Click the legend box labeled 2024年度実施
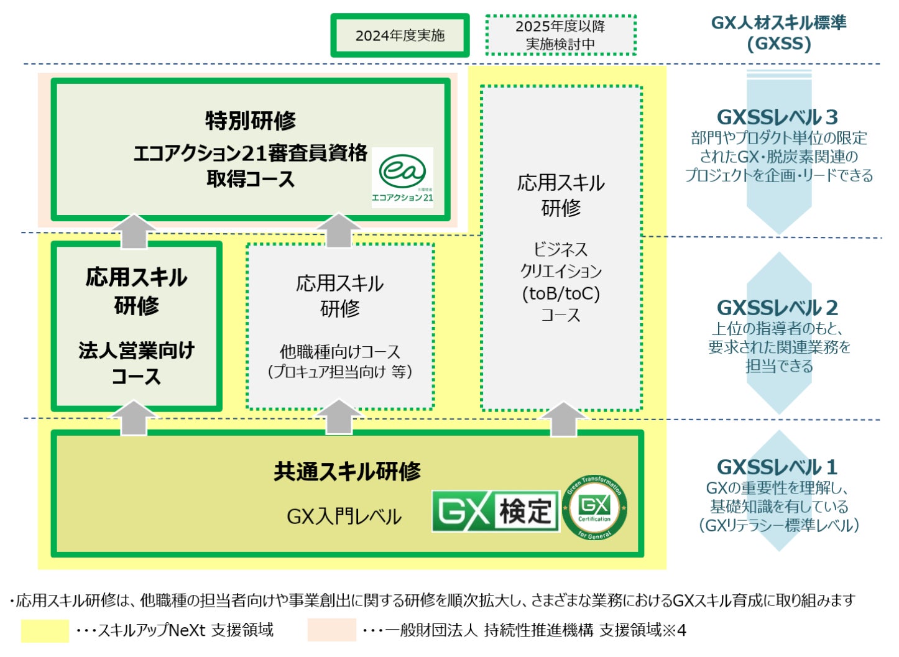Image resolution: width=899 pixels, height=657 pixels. point(400,35)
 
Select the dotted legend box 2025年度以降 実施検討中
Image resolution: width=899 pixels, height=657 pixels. point(560,35)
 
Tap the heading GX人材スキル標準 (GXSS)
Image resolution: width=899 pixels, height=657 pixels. point(778,33)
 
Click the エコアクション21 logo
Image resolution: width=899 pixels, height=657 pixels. point(403,177)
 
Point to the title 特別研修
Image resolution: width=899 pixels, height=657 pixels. point(251,121)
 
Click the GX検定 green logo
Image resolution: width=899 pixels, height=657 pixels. point(496,511)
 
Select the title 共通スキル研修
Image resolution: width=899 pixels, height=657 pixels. point(347,472)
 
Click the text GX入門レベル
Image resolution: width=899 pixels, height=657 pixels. point(344,517)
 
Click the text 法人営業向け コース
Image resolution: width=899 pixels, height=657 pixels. point(137,363)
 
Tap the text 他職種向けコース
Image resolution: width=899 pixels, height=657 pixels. point(340,352)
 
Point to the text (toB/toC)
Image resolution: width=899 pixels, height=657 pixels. point(561,293)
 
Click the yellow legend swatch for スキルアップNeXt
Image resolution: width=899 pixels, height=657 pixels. point(45,630)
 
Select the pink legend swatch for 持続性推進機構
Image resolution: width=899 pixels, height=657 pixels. point(331,630)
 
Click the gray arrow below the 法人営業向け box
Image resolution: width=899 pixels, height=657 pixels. point(134,418)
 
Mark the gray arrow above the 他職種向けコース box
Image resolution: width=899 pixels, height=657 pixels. point(339,231)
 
